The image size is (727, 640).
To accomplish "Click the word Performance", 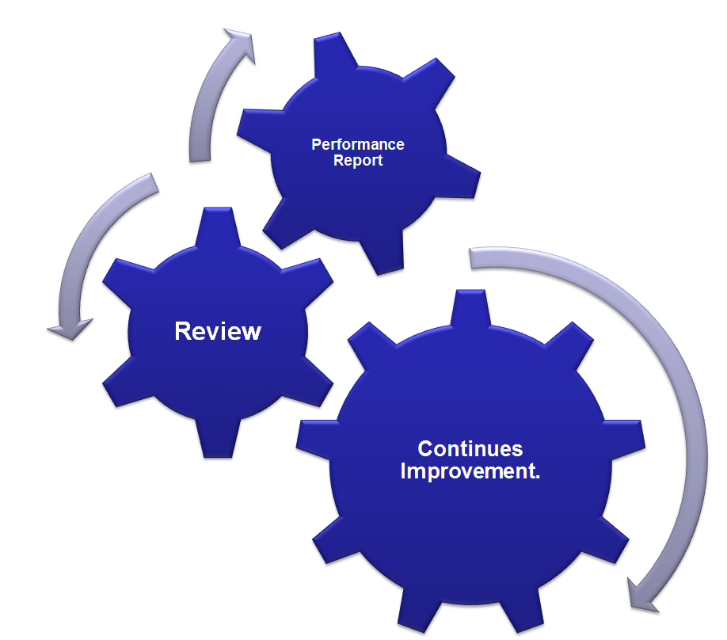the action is (x=357, y=144).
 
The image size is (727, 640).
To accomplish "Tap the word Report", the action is (x=357, y=161).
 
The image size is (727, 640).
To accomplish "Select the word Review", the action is (x=218, y=331).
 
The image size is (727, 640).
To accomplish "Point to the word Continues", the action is (x=470, y=448).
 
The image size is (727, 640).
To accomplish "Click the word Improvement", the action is (x=470, y=471).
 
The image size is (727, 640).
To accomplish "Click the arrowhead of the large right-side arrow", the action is (x=642, y=596).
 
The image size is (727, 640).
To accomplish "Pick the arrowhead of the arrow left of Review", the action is (x=70, y=329).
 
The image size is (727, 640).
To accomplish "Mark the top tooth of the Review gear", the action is (x=218, y=227).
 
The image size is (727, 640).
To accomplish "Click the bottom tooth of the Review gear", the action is (x=218, y=438).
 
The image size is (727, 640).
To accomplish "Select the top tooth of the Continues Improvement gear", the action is (x=470, y=308).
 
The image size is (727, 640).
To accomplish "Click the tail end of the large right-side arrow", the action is (x=470, y=259).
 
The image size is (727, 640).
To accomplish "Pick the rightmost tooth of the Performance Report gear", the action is (x=459, y=176).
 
